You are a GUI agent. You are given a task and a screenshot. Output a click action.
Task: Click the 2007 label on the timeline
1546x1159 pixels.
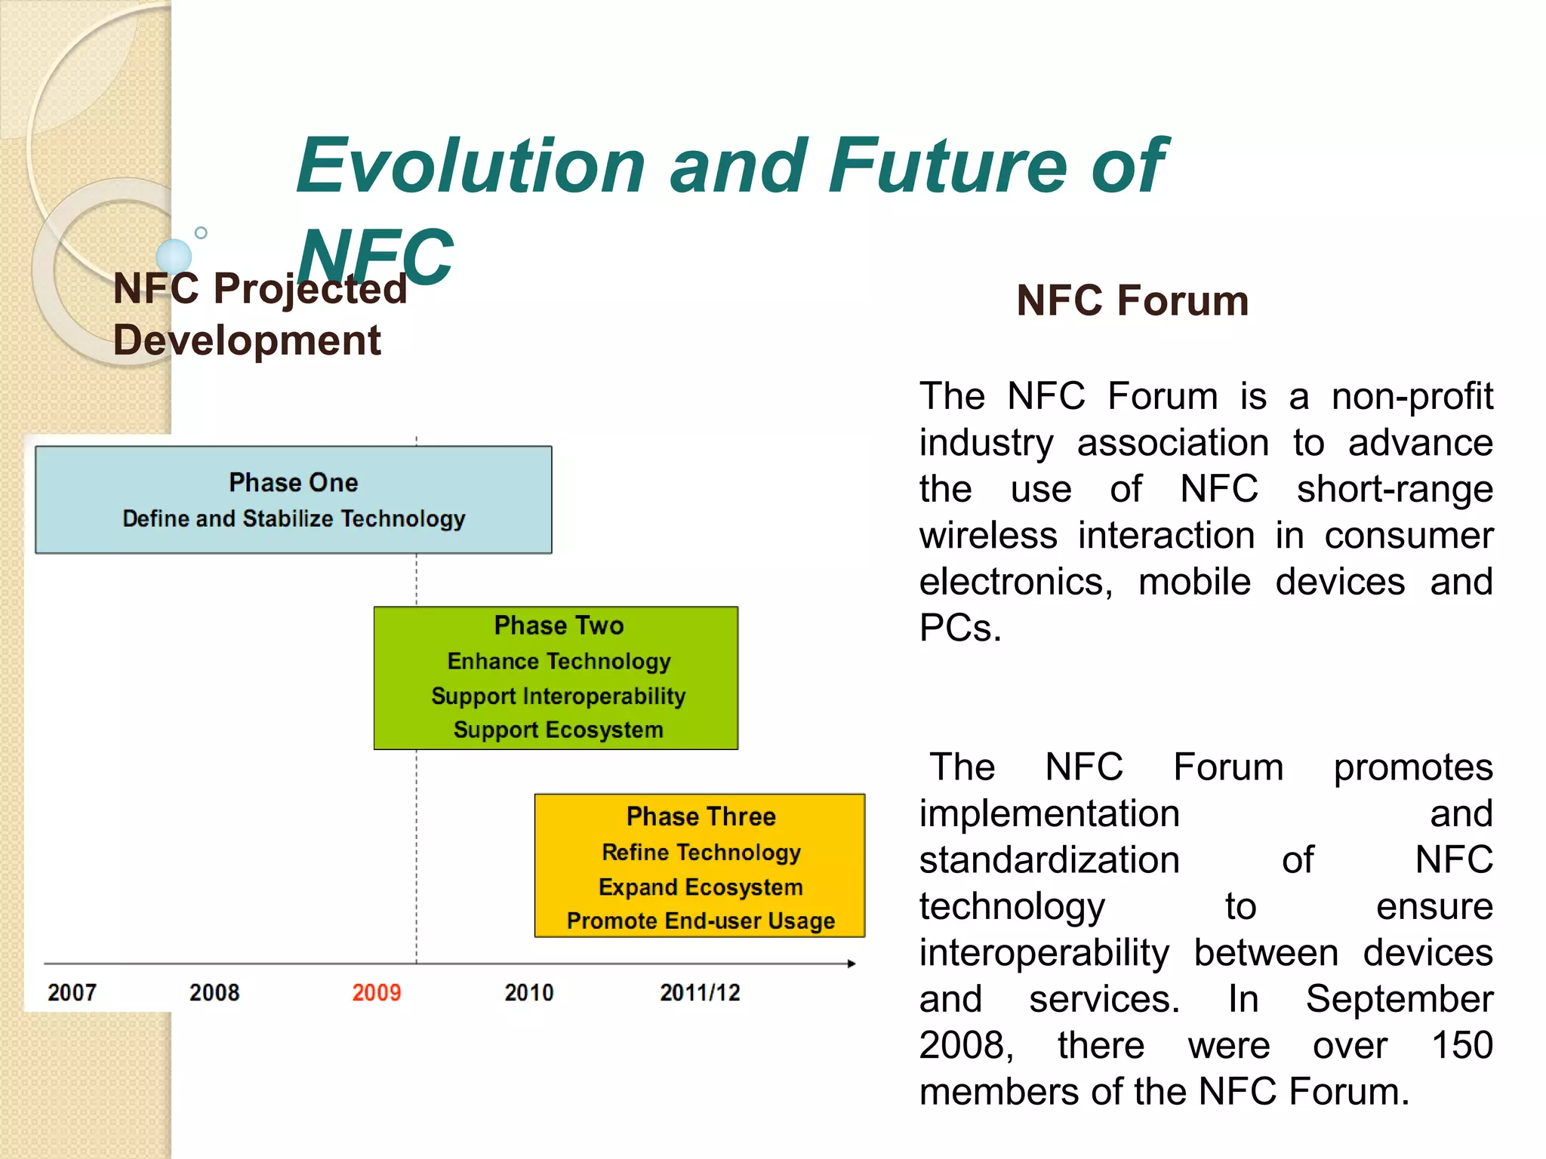tap(72, 992)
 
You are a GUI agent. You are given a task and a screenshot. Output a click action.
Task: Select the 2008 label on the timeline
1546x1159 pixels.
tap(214, 992)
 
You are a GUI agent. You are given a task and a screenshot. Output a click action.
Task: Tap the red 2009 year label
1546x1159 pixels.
tap(377, 992)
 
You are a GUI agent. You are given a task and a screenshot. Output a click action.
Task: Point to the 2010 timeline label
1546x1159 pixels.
tap(529, 992)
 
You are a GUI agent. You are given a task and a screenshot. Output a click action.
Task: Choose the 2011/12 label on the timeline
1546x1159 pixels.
tap(700, 992)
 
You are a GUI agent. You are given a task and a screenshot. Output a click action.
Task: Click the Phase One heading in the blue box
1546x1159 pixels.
tap(294, 482)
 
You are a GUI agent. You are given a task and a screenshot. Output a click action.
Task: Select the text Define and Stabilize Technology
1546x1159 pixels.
tap(294, 518)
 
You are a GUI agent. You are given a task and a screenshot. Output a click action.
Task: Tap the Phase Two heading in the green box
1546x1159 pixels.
tap(559, 626)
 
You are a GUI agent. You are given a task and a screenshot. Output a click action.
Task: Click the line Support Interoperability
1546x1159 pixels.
tap(558, 696)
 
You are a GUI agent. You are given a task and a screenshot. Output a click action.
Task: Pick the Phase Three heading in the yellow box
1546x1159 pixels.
tap(701, 816)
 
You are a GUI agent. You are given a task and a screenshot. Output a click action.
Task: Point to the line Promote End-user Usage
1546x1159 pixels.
tap(701, 921)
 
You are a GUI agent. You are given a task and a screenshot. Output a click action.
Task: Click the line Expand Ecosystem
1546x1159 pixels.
tap(701, 887)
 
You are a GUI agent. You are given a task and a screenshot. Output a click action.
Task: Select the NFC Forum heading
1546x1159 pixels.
tap(1132, 300)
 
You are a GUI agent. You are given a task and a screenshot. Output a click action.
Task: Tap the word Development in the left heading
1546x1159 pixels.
tap(247, 340)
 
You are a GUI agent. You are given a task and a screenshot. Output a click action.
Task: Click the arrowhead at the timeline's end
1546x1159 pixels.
tap(852, 964)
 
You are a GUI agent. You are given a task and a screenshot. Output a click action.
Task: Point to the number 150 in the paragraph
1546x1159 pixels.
tap(1461, 1045)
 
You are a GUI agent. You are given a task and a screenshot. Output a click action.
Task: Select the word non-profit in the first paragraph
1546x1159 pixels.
tap(1412, 396)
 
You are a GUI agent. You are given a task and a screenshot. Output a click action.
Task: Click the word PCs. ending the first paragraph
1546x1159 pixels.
tap(959, 628)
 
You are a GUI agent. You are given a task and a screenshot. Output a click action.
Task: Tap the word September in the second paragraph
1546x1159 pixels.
tap(1399, 999)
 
